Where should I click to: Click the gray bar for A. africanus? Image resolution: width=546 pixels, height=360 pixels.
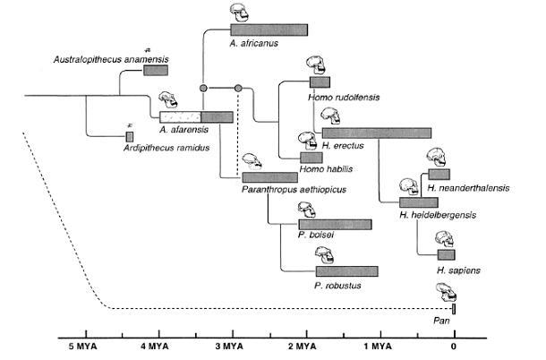click(269, 30)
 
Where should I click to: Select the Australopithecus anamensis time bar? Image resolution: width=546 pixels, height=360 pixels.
click(156, 70)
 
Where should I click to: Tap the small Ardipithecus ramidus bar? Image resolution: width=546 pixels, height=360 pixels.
click(130, 137)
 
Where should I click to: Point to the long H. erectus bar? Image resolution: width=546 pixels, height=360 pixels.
click(377, 133)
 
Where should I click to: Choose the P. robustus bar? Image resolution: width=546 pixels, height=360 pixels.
click(346, 271)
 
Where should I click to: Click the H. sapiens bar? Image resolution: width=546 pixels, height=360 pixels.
click(447, 254)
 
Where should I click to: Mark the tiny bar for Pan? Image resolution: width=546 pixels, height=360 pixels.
click(454, 309)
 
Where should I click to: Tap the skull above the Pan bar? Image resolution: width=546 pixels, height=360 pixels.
click(447, 293)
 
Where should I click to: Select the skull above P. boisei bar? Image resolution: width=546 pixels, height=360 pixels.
click(307, 210)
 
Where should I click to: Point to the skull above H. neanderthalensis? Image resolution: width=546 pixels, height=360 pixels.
click(436, 158)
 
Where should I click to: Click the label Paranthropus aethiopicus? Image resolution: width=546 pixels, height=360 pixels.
click(294, 190)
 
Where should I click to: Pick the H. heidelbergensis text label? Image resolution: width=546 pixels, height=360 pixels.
click(438, 215)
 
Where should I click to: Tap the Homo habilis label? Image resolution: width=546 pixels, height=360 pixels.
click(326, 169)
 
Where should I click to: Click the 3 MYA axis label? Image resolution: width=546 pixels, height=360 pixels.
click(229, 347)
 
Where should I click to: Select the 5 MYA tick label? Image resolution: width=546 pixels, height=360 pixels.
click(82, 347)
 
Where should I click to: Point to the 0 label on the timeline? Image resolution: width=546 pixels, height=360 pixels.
click(454, 347)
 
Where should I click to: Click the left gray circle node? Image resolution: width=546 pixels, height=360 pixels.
click(203, 88)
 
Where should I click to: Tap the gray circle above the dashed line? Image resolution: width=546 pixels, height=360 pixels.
click(238, 88)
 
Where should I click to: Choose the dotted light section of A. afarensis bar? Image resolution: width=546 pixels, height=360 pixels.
click(181, 117)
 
